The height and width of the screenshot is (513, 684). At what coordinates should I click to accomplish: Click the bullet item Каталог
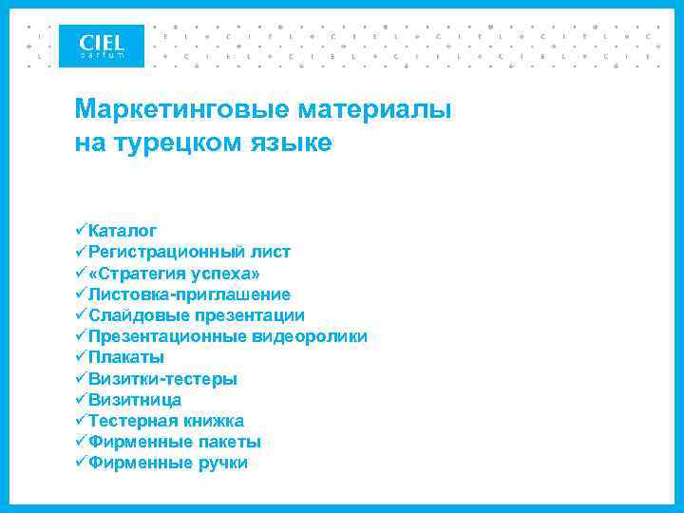point(123,231)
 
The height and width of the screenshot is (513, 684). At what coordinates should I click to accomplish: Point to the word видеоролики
point(310,336)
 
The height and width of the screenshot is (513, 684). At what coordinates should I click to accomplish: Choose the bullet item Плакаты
point(125,357)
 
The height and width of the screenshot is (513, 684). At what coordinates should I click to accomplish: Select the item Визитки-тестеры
point(162,379)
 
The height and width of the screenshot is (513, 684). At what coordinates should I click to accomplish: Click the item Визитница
point(134,400)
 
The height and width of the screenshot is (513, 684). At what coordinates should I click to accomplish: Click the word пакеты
point(230,442)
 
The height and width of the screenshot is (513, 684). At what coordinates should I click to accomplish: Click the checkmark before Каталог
point(81,231)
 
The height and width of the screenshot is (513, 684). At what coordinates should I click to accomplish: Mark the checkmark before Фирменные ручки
point(81,463)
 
